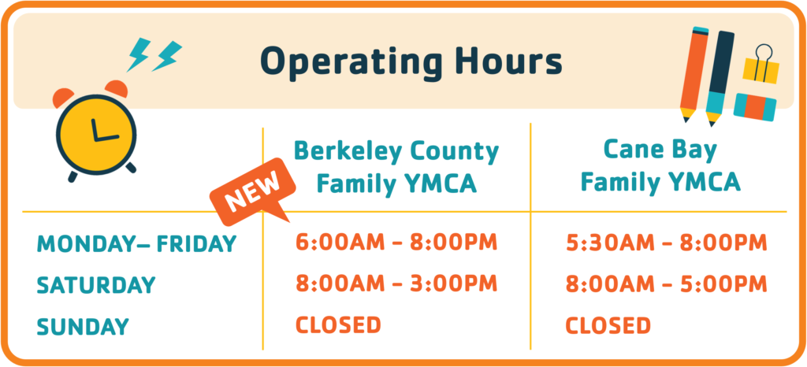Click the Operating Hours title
tap(411, 61)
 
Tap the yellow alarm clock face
tap(96, 133)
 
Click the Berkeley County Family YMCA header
tap(396, 166)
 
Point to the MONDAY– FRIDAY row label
tap(136, 243)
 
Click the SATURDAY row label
tap(95, 285)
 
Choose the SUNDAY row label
tap(82, 326)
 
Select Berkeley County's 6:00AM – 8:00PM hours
tap(396, 243)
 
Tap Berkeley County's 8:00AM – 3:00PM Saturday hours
tap(396, 284)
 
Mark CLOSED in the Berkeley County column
tap(337, 324)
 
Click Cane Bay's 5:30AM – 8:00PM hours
tap(667, 243)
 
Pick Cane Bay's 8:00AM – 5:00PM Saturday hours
tap(667, 284)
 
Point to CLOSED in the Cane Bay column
tap(608, 324)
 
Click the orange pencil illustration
tap(693, 74)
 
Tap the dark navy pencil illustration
tap(720, 78)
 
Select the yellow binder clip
tap(761, 65)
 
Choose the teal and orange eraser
tap(755, 107)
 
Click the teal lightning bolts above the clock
tap(154, 54)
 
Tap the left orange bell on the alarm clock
tap(63, 98)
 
